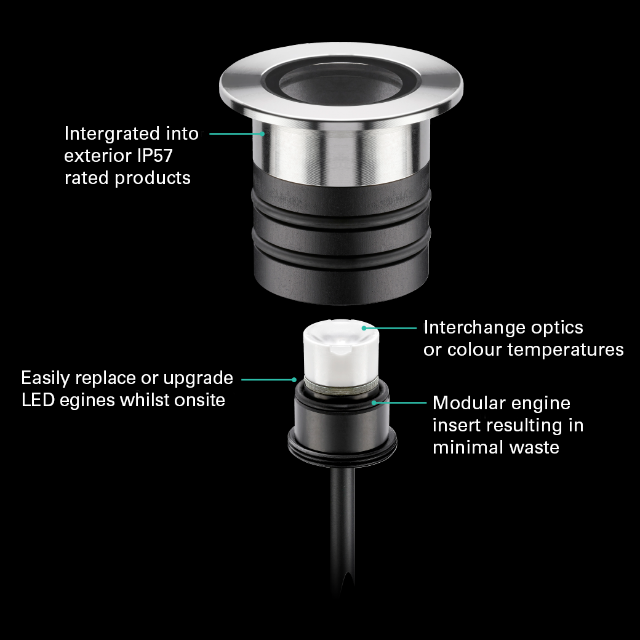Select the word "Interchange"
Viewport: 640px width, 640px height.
(x=468, y=327)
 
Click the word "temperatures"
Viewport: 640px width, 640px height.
(x=566, y=350)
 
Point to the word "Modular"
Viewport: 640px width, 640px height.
(x=470, y=403)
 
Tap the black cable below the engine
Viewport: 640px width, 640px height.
(x=342, y=530)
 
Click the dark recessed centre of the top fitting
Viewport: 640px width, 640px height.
(x=340, y=85)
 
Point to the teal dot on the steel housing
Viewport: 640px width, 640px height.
(x=262, y=134)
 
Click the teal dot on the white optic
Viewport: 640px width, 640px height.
(x=364, y=328)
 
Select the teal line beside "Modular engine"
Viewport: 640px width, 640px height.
(x=399, y=402)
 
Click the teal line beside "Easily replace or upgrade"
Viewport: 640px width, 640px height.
(x=268, y=380)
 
